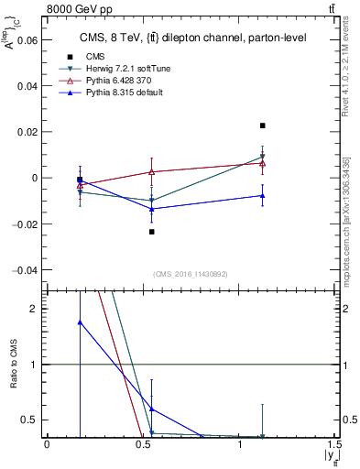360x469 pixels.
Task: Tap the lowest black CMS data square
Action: pyautogui.click(x=152, y=232)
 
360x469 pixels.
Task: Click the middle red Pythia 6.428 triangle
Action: pyautogui.click(x=152, y=171)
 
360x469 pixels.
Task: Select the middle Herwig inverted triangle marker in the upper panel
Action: pyautogui.click(x=152, y=201)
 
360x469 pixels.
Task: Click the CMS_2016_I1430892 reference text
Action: pyautogui.click(x=191, y=274)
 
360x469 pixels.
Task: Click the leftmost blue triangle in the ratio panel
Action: pyautogui.click(x=81, y=322)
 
